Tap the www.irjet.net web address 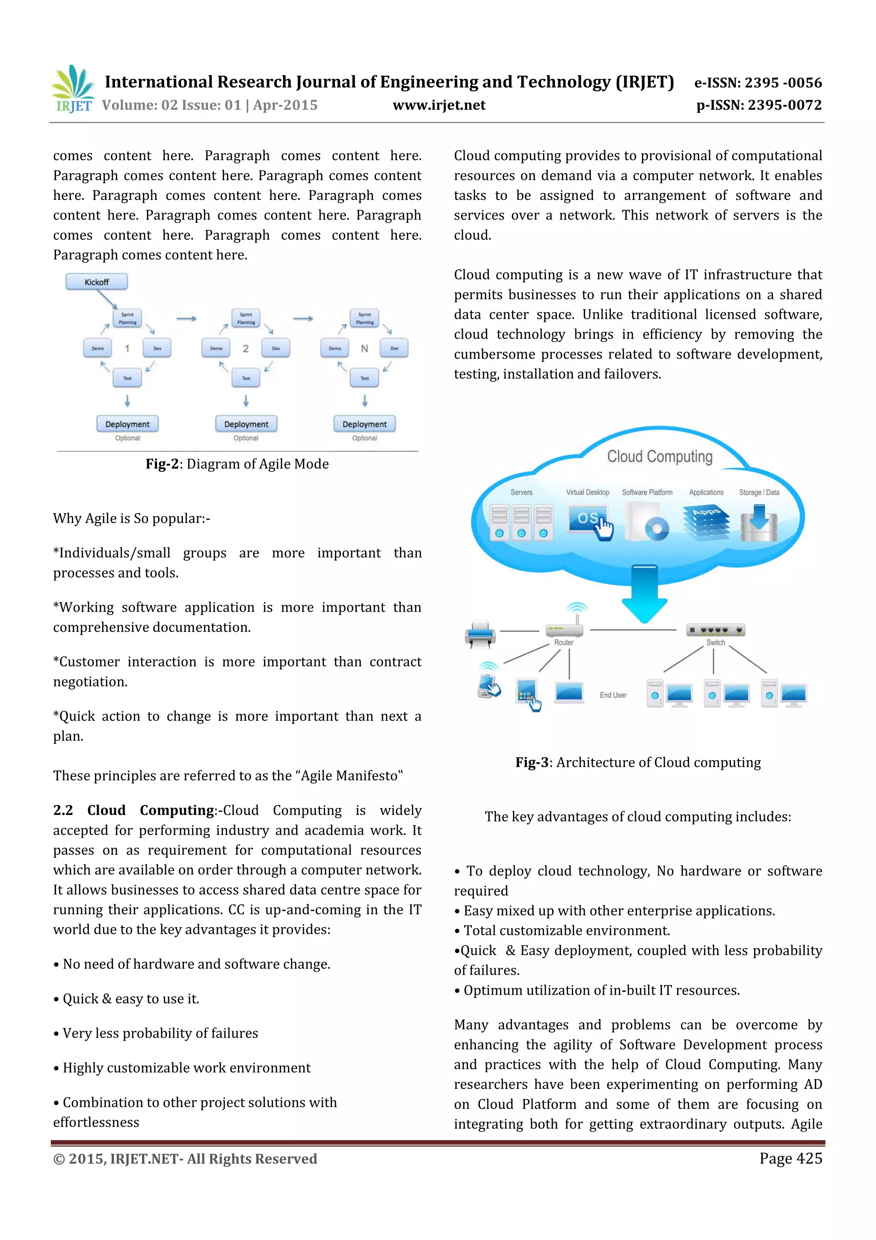(439, 105)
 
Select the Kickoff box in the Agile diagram (97, 282)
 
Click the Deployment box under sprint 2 (246, 424)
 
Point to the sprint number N (364, 349)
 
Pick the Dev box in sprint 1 (157, 348)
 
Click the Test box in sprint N (364, 378)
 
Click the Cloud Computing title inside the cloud (660, 457)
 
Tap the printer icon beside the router (480, 633)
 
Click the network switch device (716, 630)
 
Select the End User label (613, 695)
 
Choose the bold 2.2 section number (62, 810)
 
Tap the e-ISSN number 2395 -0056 (783, 83)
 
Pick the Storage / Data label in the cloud (758, 493)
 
